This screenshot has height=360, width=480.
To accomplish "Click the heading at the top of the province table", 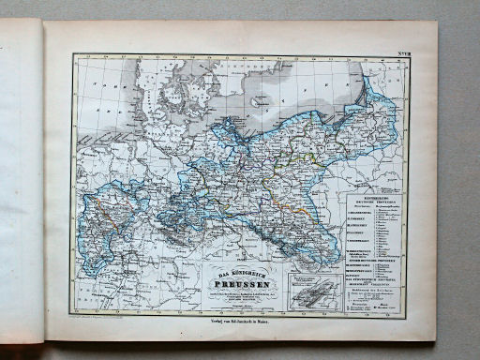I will [x=373, y=200].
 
